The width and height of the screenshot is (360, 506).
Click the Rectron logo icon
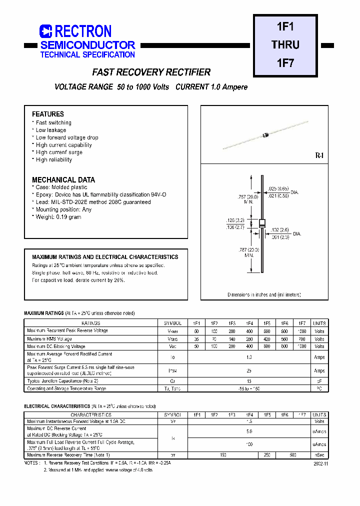coord(46,31)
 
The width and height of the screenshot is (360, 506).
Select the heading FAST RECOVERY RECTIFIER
coord(151,72)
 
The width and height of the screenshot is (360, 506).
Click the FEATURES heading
coord(48,114)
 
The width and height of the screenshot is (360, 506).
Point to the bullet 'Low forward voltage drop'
coord(66,137)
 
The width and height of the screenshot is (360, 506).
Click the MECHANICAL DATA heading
coord(63,179)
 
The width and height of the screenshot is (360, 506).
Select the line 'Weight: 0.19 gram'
coord(58,217)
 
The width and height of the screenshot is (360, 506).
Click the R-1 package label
coord(319,156)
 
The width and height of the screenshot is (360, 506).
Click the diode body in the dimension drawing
coord(261,223)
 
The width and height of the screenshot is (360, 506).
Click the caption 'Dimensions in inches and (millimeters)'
coord(264,295)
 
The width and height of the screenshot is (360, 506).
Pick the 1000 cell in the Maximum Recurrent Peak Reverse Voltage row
coord(301,331)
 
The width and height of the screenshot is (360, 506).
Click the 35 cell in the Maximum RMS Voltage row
coord(196,338)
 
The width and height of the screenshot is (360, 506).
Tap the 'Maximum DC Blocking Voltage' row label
coord(56,346)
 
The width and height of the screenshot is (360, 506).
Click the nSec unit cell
coord(319,454)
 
